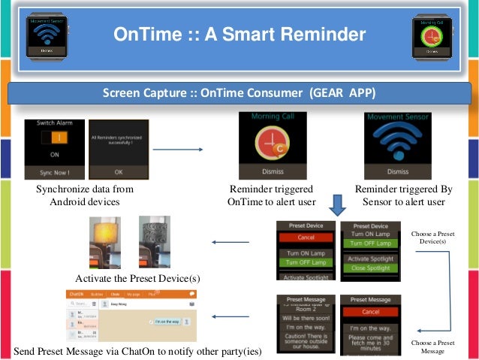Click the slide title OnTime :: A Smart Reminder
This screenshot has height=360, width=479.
pyautogui.click(x=239, y=34)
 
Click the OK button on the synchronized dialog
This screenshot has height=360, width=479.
pyautogui.click(x=118, y=171)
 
